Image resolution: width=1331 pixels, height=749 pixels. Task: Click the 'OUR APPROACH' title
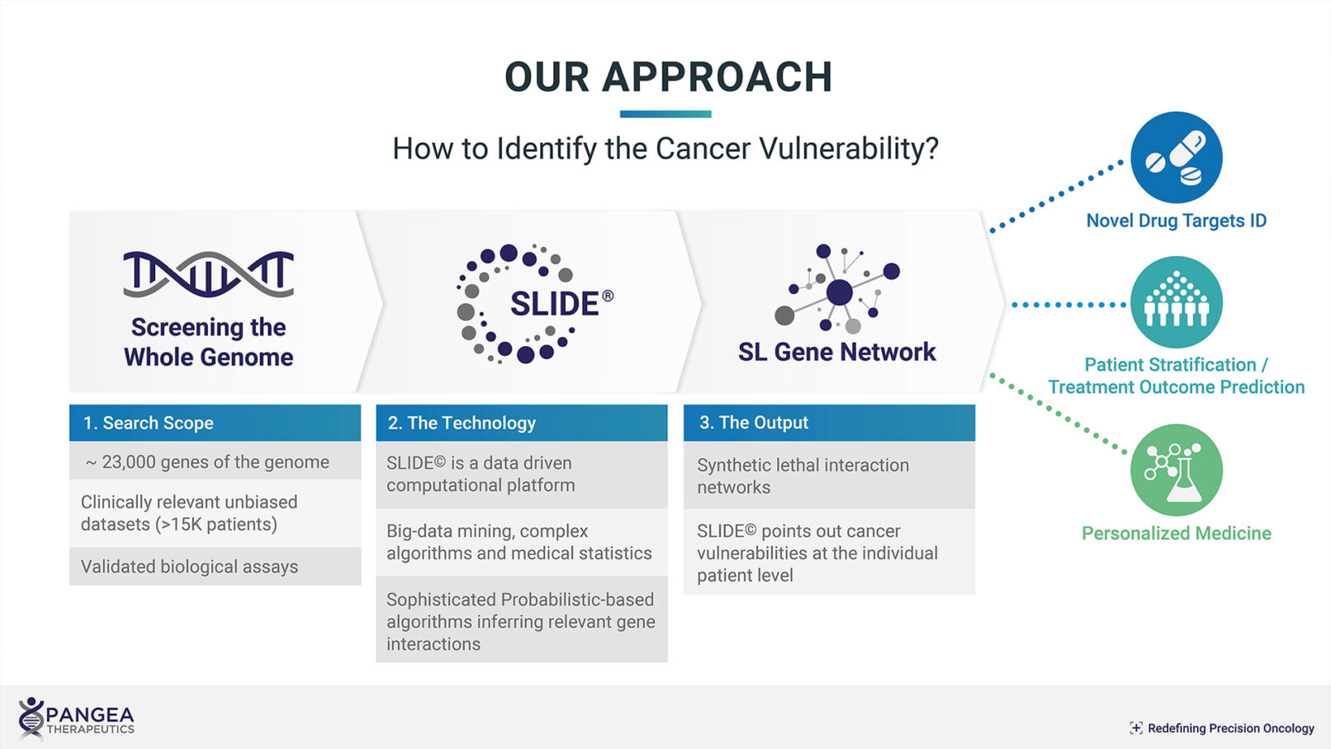point(669,78)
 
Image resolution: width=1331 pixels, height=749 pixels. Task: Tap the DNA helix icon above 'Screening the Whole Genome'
point(209,274)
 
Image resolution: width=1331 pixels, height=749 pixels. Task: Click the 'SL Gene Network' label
point(836,352)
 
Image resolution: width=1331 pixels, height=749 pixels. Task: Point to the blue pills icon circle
point(1176,158)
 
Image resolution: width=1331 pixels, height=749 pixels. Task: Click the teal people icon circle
point(1176,302)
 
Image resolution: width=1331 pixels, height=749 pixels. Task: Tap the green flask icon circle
point(1176,470)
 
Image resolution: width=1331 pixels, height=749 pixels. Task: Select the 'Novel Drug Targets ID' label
point(1176,220)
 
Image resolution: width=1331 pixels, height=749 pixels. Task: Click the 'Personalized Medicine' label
point(1176,533)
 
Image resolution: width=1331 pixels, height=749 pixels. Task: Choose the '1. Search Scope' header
point(216,423)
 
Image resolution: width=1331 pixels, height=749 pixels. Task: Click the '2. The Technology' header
point(522,423)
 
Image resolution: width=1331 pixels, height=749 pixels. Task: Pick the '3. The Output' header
point(829,423)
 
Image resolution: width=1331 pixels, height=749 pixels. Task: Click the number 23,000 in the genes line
point(130,462)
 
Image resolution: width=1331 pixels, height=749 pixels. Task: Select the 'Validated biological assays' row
point(216,566)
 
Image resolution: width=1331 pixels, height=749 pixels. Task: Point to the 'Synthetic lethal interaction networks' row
point(829,476)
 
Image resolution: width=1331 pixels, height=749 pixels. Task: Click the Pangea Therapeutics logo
point(76,719)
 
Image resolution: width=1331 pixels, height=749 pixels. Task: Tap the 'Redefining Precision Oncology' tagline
point(1222,728)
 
